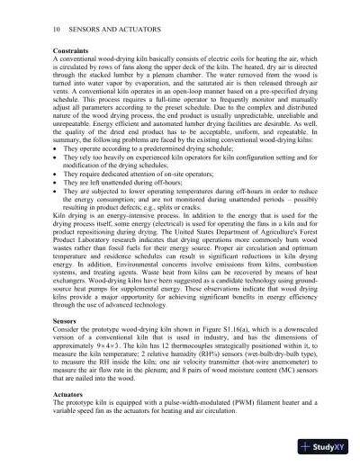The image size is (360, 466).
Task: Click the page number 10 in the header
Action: [32, 31]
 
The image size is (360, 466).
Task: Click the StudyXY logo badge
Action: [326, 445]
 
